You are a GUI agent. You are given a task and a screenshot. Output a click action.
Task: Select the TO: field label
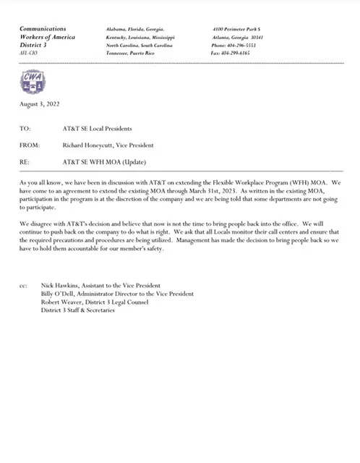click(x=25, y=129)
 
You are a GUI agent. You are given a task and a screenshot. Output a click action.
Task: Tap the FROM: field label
click(x=29, y=145)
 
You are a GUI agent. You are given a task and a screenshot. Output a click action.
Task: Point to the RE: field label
click(x=25, y=161)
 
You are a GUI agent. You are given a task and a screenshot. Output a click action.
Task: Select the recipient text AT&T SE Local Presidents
click(x=97, y=129)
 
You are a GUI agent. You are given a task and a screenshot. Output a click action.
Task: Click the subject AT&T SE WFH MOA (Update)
click(x=100, y=161)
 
